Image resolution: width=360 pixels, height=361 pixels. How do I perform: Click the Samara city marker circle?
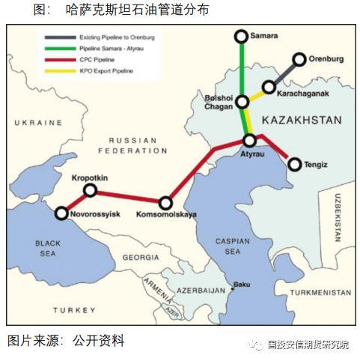coord(241,37)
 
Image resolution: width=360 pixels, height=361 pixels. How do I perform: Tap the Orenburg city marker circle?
coord(299,59)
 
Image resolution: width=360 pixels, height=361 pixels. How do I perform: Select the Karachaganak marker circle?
coord(269,88)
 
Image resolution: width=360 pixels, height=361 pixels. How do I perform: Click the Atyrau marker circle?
coord(250,140)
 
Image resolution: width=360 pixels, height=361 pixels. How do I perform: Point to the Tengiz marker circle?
coord(293,163)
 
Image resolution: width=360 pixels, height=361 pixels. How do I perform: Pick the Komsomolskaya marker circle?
coord(166,203)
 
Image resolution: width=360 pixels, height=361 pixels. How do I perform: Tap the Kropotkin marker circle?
coord(90,191)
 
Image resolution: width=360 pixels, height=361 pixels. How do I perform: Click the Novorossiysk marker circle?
coord(61,213)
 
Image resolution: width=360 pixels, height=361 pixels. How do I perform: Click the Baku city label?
coord(241,285)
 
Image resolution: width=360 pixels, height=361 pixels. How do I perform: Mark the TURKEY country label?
coord(73,310)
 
